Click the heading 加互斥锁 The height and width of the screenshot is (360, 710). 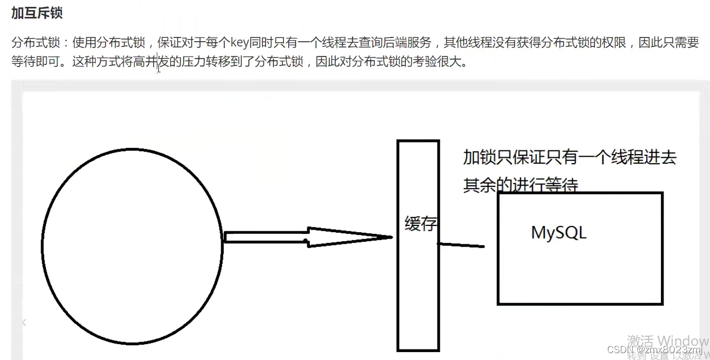37,13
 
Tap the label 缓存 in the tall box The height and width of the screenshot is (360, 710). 420,224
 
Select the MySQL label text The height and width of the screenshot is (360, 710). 558,233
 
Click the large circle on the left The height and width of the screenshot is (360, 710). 132,247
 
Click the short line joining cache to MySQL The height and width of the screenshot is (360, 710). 461,245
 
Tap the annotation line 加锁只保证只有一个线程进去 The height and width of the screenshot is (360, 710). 570,157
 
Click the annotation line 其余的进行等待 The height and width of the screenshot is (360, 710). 520,185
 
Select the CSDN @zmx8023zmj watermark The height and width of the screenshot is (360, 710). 654,350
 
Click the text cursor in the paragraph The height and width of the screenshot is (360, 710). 158,69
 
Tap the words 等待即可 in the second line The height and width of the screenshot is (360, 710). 35,62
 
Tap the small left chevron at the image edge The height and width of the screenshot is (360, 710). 24,322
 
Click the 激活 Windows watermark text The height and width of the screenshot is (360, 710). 668,340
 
